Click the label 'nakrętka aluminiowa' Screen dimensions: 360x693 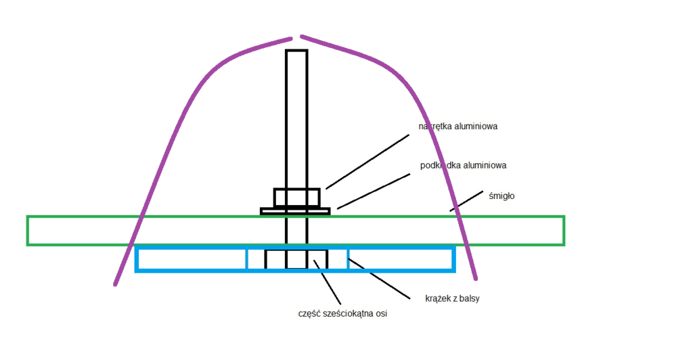[x=458, y=126]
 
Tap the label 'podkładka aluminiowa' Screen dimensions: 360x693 [x=464, y=165]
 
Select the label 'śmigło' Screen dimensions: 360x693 [x=503, y=196]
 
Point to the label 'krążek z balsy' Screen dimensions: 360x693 [x=452, y=298]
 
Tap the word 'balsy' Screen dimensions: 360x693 [x=468, y=298]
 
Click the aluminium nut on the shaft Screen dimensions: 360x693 [x=296, y=198]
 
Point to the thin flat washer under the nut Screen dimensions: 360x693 [x=295, y=211]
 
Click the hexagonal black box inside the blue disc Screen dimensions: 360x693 [x=296, y=259]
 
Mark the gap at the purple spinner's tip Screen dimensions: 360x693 [x=296, y=36]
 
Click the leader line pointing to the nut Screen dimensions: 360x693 [x=367, y=161]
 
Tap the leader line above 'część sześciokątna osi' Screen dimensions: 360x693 [x=328, y=279]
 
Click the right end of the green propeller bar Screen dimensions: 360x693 [x=562, y=231]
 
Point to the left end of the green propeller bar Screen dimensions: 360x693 [x=28, y=231]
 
